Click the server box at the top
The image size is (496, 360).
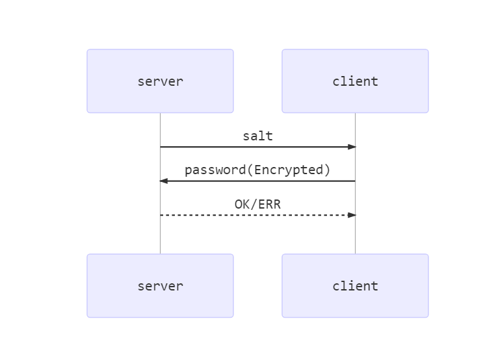pyautogui.click(x=160, y=81)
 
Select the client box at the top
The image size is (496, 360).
pyautogui.click(x=355, y=81)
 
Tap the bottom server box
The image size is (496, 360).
pyautogui.click(x=160, y=286)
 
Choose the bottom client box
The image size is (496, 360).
pyautogui.click(x=355, y=286)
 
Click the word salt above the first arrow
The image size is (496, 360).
pyautogui.click(x=257, y=136)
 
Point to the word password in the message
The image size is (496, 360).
pyautogui.click(x=215, y=170)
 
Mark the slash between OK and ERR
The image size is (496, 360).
pyautogui.click(x=254, y=204)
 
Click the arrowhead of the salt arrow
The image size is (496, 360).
pyautogui.click(x=352, y=147)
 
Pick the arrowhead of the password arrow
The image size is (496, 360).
pyautogui.click(x=164, y=181)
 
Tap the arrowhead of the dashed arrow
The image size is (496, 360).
pyautogui.click(x=352, y=214)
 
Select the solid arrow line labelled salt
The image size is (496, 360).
pyautogui.click(x=257, y=147)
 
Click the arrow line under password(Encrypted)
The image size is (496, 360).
pyautogui.click(x=257, y=181)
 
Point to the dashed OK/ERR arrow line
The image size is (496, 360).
pyautogui.click(x=257, y=214)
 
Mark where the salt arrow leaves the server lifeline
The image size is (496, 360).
pyautogui.click(x=161, y=147)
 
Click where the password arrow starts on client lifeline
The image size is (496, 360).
pyautogui.click(x=355, y=181)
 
